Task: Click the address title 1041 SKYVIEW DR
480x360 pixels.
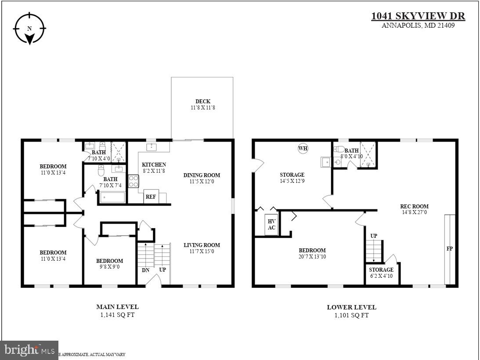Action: pos(418,16)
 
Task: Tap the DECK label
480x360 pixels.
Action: pos(202,102)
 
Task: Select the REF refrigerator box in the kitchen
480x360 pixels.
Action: pos(151,197)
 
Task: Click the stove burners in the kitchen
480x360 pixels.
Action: pos(134,181)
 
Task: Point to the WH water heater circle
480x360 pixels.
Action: pos(303,148)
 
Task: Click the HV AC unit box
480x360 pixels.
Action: pos(271,225)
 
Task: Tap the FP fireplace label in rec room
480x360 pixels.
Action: pos(450,249)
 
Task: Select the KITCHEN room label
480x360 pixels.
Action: pos(154,165)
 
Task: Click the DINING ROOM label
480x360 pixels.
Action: pos(202,175)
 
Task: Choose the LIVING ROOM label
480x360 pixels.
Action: pos(202,245)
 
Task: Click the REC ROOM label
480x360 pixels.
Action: pos(414,206)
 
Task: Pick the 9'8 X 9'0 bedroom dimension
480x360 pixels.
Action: pos(109,266)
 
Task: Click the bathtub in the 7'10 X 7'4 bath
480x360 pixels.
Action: pos(113,196)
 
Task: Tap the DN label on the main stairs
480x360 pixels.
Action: pos(145,270)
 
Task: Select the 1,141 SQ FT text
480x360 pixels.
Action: pos(117,315)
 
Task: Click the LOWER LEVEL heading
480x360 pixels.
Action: pos(351,307)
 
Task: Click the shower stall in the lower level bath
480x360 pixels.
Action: pos(368,154)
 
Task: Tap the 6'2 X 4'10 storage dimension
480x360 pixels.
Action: pos(381,276)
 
